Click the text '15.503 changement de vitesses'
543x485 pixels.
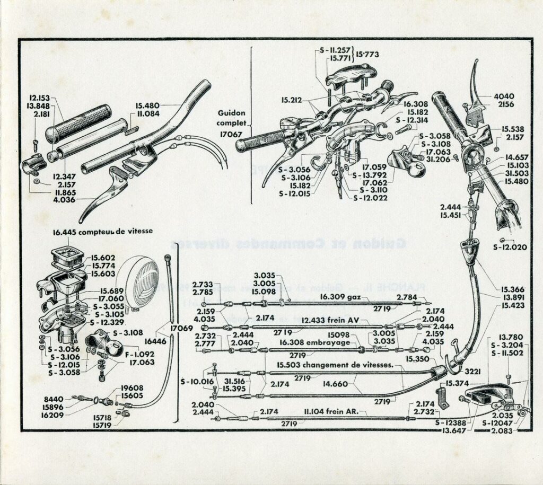334,365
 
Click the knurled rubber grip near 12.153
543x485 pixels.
79,123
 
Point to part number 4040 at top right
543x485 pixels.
504,96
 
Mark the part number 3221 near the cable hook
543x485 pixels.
472,372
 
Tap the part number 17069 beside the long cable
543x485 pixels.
181,329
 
